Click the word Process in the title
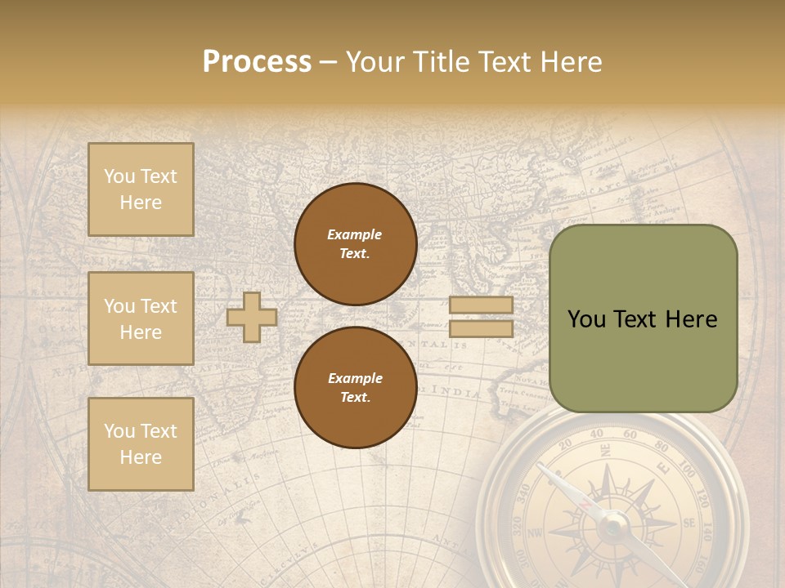pos(257,62)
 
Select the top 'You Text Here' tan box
pos(141,189)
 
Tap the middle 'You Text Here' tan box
pos(141,318)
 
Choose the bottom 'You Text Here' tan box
pos(141,443)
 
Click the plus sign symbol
pos(252,317)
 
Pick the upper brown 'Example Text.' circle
pos(355,243)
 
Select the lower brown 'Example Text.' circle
pos(355,387)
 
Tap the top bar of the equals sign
pos(481,305)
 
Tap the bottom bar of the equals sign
pos(481,328)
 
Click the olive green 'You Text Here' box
pos(643,318)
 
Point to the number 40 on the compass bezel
pos(596,434)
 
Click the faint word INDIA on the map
pos(457,393)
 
